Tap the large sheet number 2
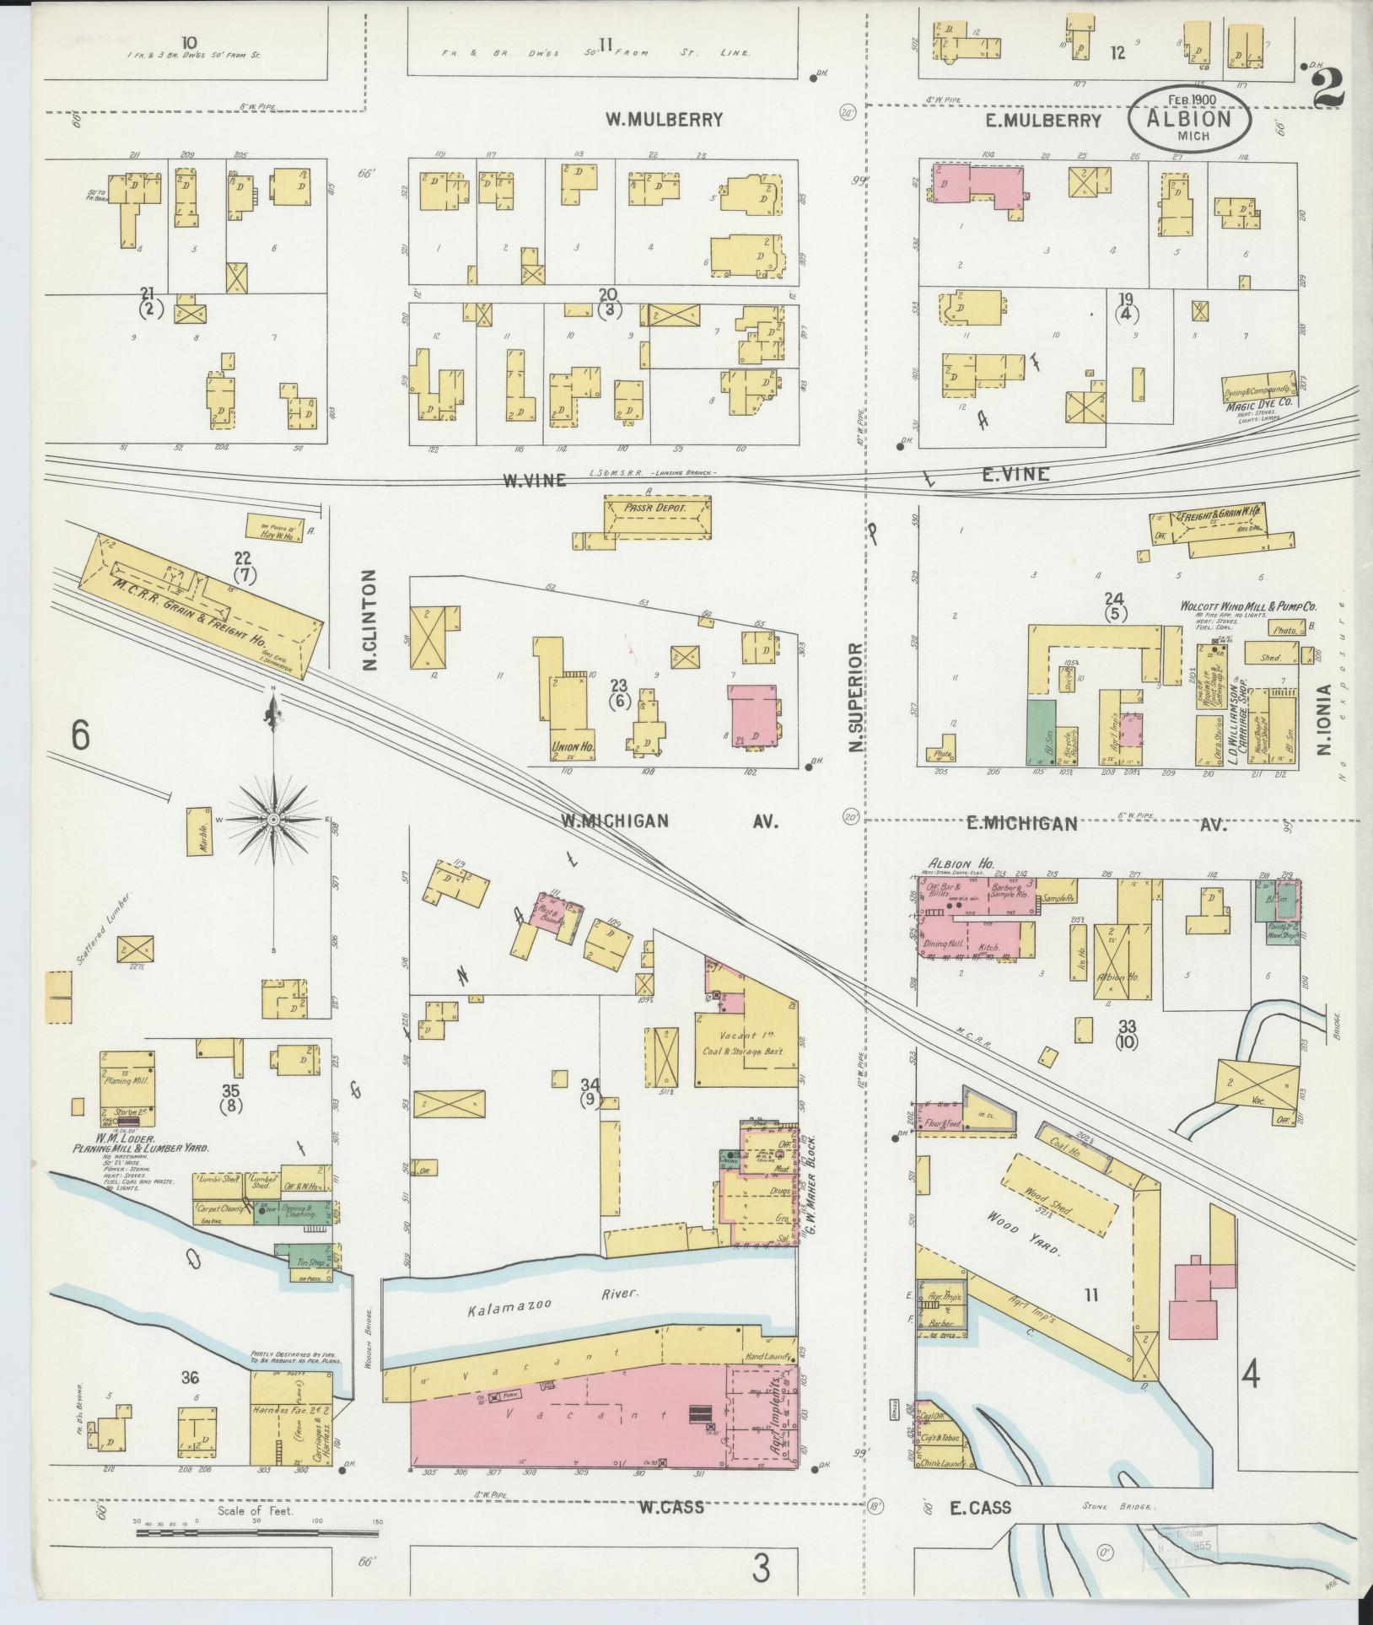click(1326, 86)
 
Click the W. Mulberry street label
click(664, 120)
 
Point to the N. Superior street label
click(857, 698)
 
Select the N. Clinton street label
click(369, 620)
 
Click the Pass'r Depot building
click(657, 517)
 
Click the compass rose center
click(274, 819)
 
